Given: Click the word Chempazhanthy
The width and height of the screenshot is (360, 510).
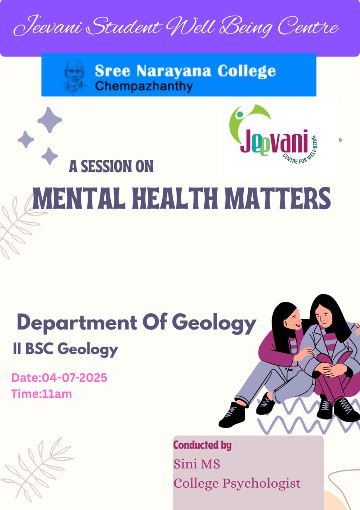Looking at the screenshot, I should click(x=144, y=86).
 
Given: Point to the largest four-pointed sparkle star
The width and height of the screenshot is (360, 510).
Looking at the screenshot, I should click(x=50, y=120).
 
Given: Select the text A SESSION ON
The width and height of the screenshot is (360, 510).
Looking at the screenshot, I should click(x=111, y=166).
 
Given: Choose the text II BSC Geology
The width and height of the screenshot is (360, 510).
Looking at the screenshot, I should click(x=65, y=349).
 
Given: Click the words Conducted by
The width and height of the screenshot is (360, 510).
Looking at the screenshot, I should click(x=202, y=445).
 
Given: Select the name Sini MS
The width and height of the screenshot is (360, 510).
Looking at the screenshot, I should click(x=197, y=464).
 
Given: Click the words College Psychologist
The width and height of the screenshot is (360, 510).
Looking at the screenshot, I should click(x=237, y=483).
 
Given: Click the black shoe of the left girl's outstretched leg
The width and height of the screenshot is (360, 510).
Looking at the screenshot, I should click(x=232, y=415).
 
